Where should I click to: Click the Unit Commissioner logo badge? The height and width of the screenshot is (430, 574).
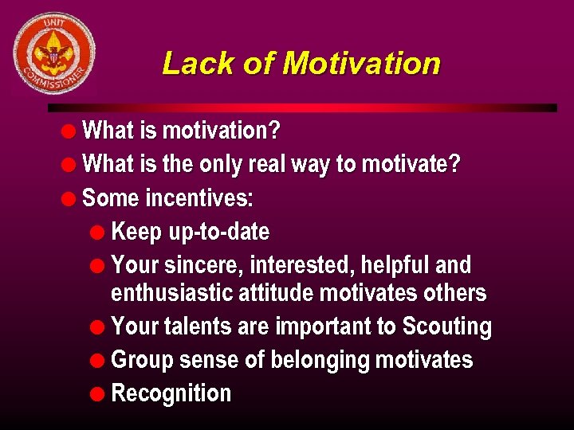(53, 53)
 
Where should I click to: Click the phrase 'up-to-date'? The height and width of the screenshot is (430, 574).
(218, 233)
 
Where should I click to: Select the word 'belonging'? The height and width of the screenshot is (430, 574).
(320, 360)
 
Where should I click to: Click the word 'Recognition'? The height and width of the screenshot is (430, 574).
(171, 393)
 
